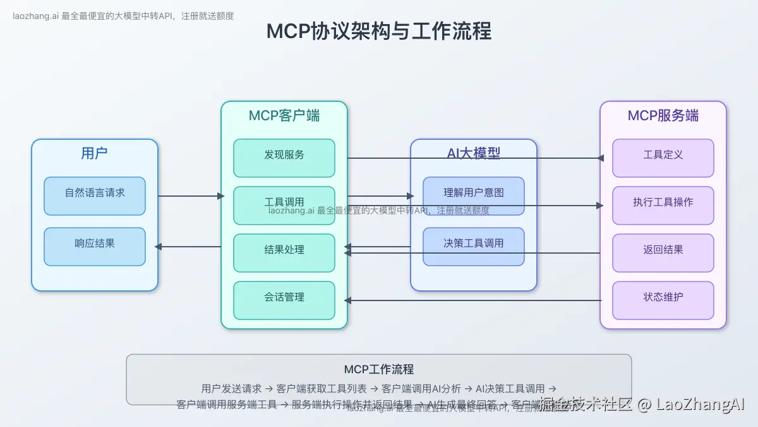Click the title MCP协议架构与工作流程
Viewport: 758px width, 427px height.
(378, 31)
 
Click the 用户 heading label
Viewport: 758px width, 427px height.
(95, 153)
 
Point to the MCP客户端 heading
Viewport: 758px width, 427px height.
(284, 116)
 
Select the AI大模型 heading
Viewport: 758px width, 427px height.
(474, 153)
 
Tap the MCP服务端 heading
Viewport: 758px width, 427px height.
(663, 116)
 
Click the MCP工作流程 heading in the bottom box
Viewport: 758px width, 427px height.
(379, 369)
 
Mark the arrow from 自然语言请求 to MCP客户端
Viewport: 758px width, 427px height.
(189, 196)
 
